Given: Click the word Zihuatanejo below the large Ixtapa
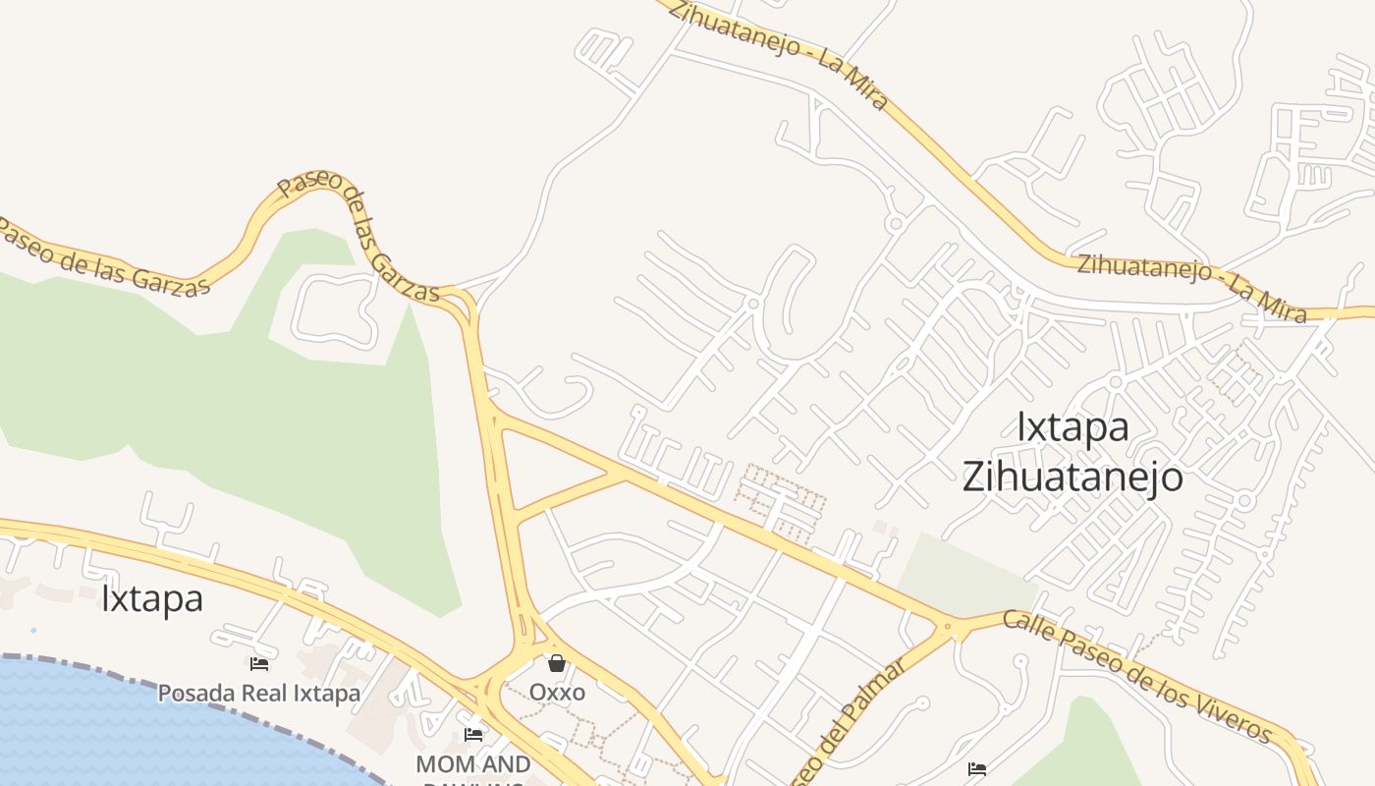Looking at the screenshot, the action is point(1072,477).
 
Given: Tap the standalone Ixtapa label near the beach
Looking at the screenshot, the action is point(152,598).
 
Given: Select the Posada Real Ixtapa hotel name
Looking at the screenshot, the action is point(259,693).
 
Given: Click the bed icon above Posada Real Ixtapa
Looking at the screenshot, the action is point(259,665).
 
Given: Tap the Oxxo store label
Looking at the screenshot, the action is point(557,692).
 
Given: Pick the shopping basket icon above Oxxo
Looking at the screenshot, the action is point(557,663).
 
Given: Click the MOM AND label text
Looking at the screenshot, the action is point(473,763).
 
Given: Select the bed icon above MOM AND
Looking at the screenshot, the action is point(473,735).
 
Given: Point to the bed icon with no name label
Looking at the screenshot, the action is point(976,769).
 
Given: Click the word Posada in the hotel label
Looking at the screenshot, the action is point(196,693).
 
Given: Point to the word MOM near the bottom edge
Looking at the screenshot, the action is point(439,763).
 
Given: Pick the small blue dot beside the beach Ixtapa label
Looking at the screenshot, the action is point(33,630).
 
